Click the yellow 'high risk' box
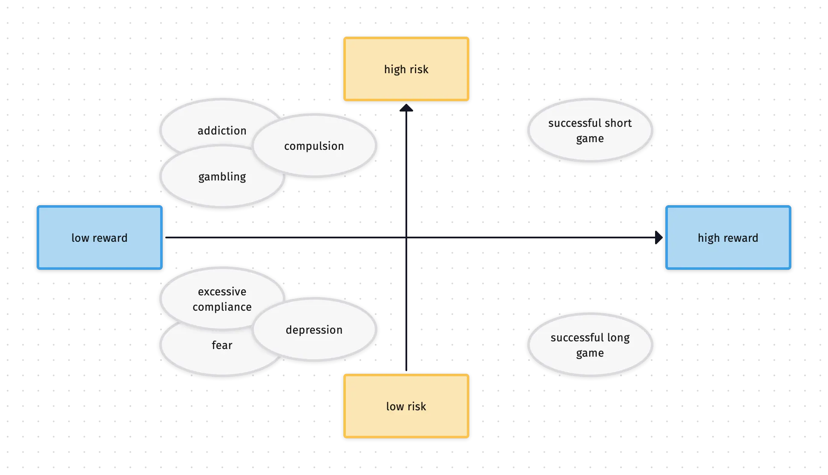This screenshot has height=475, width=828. pyautogui.click(x=406, y=69)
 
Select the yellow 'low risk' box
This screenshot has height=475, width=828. pyautogui.click(x=406, y=406)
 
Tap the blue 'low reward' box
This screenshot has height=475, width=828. pyautogui.click(x=99, y=237)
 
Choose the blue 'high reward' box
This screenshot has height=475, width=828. pyautogui.click(x=728, y=237)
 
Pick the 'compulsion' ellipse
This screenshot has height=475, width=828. pyautogui.click(x=314, y=146)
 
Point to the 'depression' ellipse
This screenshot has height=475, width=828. pyautogui.click(x=314, y=329)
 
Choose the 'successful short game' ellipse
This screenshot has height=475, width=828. pyautogui.click(x=590, y=130)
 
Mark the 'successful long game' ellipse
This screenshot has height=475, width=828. pyautogui.click(x=590, y=345)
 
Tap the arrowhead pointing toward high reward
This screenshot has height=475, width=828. pyautogui.click(x=658, y=237)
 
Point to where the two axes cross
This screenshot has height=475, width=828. pyautogui.click(x=407, y=237)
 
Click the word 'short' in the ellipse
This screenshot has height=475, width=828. pyautogui.click(x=618, y=123)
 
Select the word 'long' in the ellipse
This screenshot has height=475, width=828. pyautogui.click(x=618, y=338)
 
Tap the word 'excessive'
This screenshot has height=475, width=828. pyautogui.click(x=222, y=292)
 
